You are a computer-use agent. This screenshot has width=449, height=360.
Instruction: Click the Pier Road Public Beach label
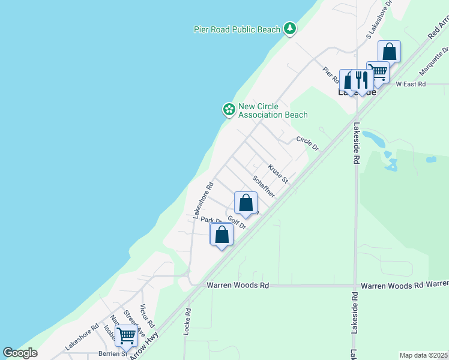237,29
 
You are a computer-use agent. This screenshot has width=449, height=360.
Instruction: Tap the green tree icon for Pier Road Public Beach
290,28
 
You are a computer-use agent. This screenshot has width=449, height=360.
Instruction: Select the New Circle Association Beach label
273,111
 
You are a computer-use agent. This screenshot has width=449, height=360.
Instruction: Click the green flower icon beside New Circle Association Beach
228,109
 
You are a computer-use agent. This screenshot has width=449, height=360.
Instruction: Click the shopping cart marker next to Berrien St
127,336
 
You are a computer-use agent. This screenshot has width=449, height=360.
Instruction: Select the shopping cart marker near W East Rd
378,73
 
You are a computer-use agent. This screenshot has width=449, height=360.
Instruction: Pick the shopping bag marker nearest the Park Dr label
222,235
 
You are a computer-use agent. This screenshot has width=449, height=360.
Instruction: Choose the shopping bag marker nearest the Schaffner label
246,203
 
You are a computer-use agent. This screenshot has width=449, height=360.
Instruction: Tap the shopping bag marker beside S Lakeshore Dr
390,52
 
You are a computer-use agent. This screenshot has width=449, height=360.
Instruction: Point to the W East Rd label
411,85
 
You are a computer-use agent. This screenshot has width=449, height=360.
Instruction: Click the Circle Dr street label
307,143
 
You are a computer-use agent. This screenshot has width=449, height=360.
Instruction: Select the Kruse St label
278,174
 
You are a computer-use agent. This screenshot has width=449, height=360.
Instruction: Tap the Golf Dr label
237,223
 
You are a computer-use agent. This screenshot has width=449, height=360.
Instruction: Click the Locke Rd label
188,320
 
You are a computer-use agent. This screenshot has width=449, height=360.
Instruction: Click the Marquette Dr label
433,62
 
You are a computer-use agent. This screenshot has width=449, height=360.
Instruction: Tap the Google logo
20,353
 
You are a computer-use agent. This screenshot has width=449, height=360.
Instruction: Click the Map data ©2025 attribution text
423,355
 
